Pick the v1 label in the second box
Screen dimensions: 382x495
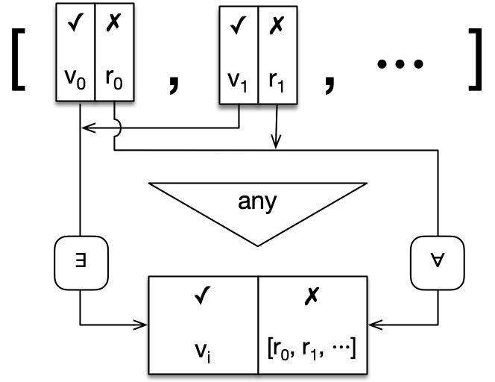(238, 83)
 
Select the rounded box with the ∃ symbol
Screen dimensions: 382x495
(79, 263)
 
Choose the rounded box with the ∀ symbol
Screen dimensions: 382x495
(434, 263)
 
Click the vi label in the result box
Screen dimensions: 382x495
(204, 348)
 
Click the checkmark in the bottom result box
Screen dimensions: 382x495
(204, 300)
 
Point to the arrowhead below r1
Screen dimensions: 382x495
(277, 142)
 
